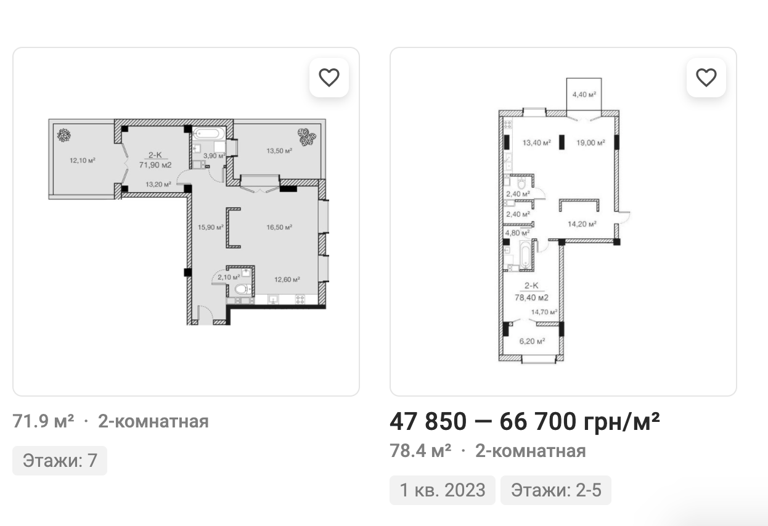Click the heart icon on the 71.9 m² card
pos(329,78)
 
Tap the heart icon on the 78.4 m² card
pos(706,78)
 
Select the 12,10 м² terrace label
pos(83,160)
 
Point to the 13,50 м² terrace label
pos(279,151)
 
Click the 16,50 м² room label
pos(279,227)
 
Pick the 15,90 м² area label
pos(211,227)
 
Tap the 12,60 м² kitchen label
pos(287,280)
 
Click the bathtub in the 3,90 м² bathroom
pos(208,134)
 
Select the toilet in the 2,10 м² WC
pos(243,289)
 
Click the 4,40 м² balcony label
pos(584,94)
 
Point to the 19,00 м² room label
pos(590,143)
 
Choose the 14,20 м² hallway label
pos(582,224)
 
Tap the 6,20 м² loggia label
pos(532,341)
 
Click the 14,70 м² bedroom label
pos(544,312)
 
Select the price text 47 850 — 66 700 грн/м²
pos(525,421)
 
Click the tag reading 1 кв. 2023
pos(443,490)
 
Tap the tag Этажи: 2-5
pos(556,490)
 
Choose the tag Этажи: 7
pos(60,461)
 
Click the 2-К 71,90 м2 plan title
pos(155,160)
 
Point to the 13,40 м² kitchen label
pos(537,143)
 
